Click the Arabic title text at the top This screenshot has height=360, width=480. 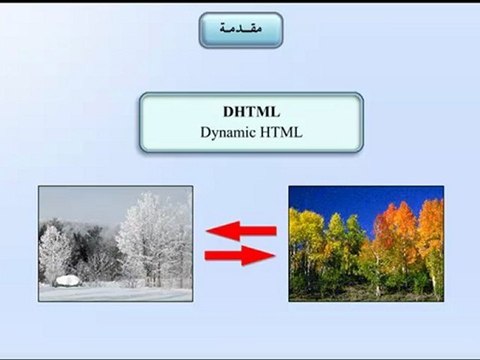pos(240,30)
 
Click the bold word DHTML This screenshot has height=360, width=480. pos(240,111)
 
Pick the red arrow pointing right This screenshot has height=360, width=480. pos(240,256)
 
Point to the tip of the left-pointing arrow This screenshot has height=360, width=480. pos(208,232)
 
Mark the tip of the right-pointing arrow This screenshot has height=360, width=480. pos(274,256)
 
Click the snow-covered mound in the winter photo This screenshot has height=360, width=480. pos(68,281)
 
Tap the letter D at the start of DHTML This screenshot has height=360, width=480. pos(225,111)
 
